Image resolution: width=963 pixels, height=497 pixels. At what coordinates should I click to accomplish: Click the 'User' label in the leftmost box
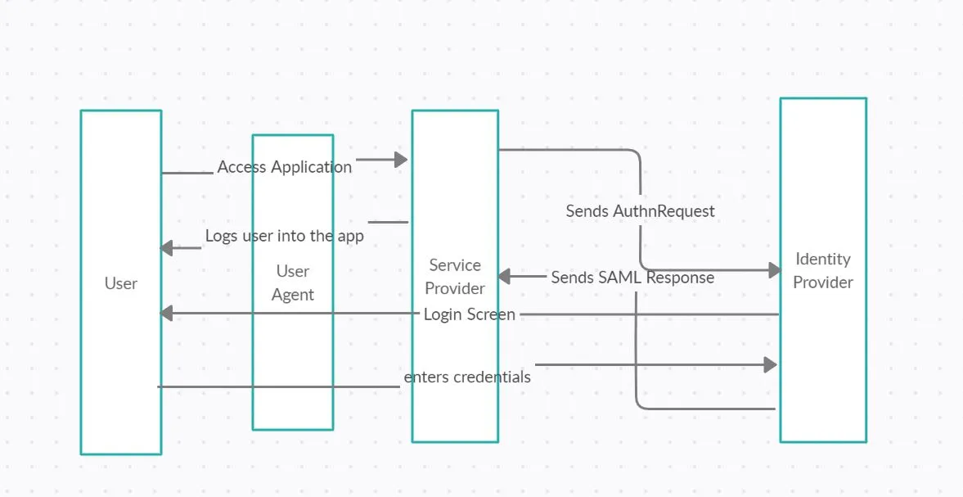click(120, 283)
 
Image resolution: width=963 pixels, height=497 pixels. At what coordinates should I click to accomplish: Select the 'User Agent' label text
click(292, 282)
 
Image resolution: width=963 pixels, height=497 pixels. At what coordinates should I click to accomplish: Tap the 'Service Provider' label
click(455, 277)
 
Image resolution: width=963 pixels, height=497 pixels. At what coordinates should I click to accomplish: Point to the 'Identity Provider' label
click(823, 270)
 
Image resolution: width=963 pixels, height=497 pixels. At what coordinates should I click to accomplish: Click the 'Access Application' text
click(284, 167)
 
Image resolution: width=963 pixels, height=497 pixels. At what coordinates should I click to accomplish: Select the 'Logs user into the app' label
click(284, 236)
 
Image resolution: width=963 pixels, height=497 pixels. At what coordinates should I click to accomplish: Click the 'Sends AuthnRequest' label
click(640, 211)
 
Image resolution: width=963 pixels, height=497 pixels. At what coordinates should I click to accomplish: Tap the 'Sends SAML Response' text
click(632, 278)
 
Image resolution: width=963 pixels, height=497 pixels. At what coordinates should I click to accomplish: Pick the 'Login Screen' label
click(469, 314)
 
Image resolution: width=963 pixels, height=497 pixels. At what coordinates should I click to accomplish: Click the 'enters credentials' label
click(467, 377)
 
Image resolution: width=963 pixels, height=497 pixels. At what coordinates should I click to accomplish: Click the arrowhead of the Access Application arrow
click(401, 160)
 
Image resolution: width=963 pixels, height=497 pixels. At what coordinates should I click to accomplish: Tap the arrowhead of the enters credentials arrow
click(770, 364)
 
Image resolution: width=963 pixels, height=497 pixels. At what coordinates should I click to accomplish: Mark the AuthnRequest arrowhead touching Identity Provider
click(776, 269)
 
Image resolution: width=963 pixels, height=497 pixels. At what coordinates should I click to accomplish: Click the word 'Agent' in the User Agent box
click(292, 295)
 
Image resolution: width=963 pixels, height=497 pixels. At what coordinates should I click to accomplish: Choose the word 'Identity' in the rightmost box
click(823, 259)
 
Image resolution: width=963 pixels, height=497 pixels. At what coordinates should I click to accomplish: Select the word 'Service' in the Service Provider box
click(455, 265)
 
